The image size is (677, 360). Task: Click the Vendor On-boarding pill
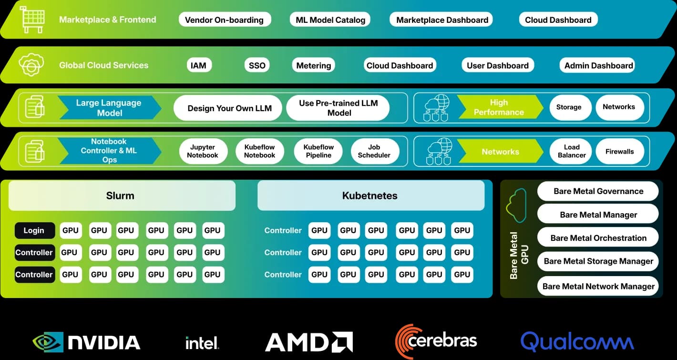[x=224, y=20]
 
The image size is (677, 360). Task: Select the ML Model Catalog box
[x=330, y=20]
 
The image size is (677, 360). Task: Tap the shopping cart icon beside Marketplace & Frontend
[x=32, y=20]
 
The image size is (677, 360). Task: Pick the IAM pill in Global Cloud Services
[x=198, y=65]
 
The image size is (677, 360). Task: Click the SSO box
[x=257, y=65]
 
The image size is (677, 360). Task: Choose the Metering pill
[x=313, y=65]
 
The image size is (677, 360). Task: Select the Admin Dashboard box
[x=598, y=65]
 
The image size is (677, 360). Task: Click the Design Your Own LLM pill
[x=229, y=108]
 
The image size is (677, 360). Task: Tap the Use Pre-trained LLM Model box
[x=338, y=108]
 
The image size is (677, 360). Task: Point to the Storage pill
[x=569, y=107]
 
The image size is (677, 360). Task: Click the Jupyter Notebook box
[x=203, y=151]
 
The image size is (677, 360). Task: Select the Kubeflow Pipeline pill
[x=318, y=151]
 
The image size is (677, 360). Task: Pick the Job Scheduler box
[x=374, y=151]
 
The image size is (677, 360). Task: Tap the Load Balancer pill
[x=571, y=151]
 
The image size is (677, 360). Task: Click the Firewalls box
[x=619, y=152]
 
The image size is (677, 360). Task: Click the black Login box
[x=34, y=231]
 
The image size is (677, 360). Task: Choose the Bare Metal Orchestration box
[x=598, y=238]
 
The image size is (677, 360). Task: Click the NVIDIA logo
[x=86, y=342]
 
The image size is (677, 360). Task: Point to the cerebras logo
[x=436, y=341]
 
